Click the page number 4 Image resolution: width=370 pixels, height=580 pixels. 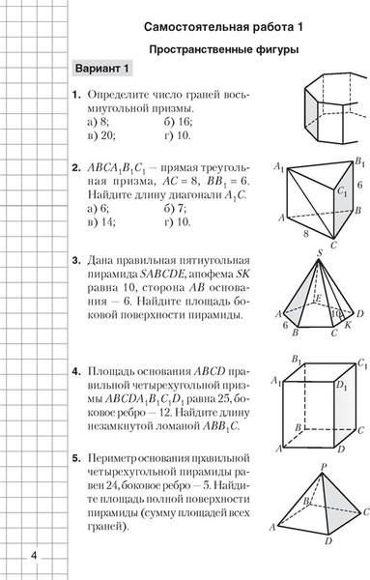pos(34,554)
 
